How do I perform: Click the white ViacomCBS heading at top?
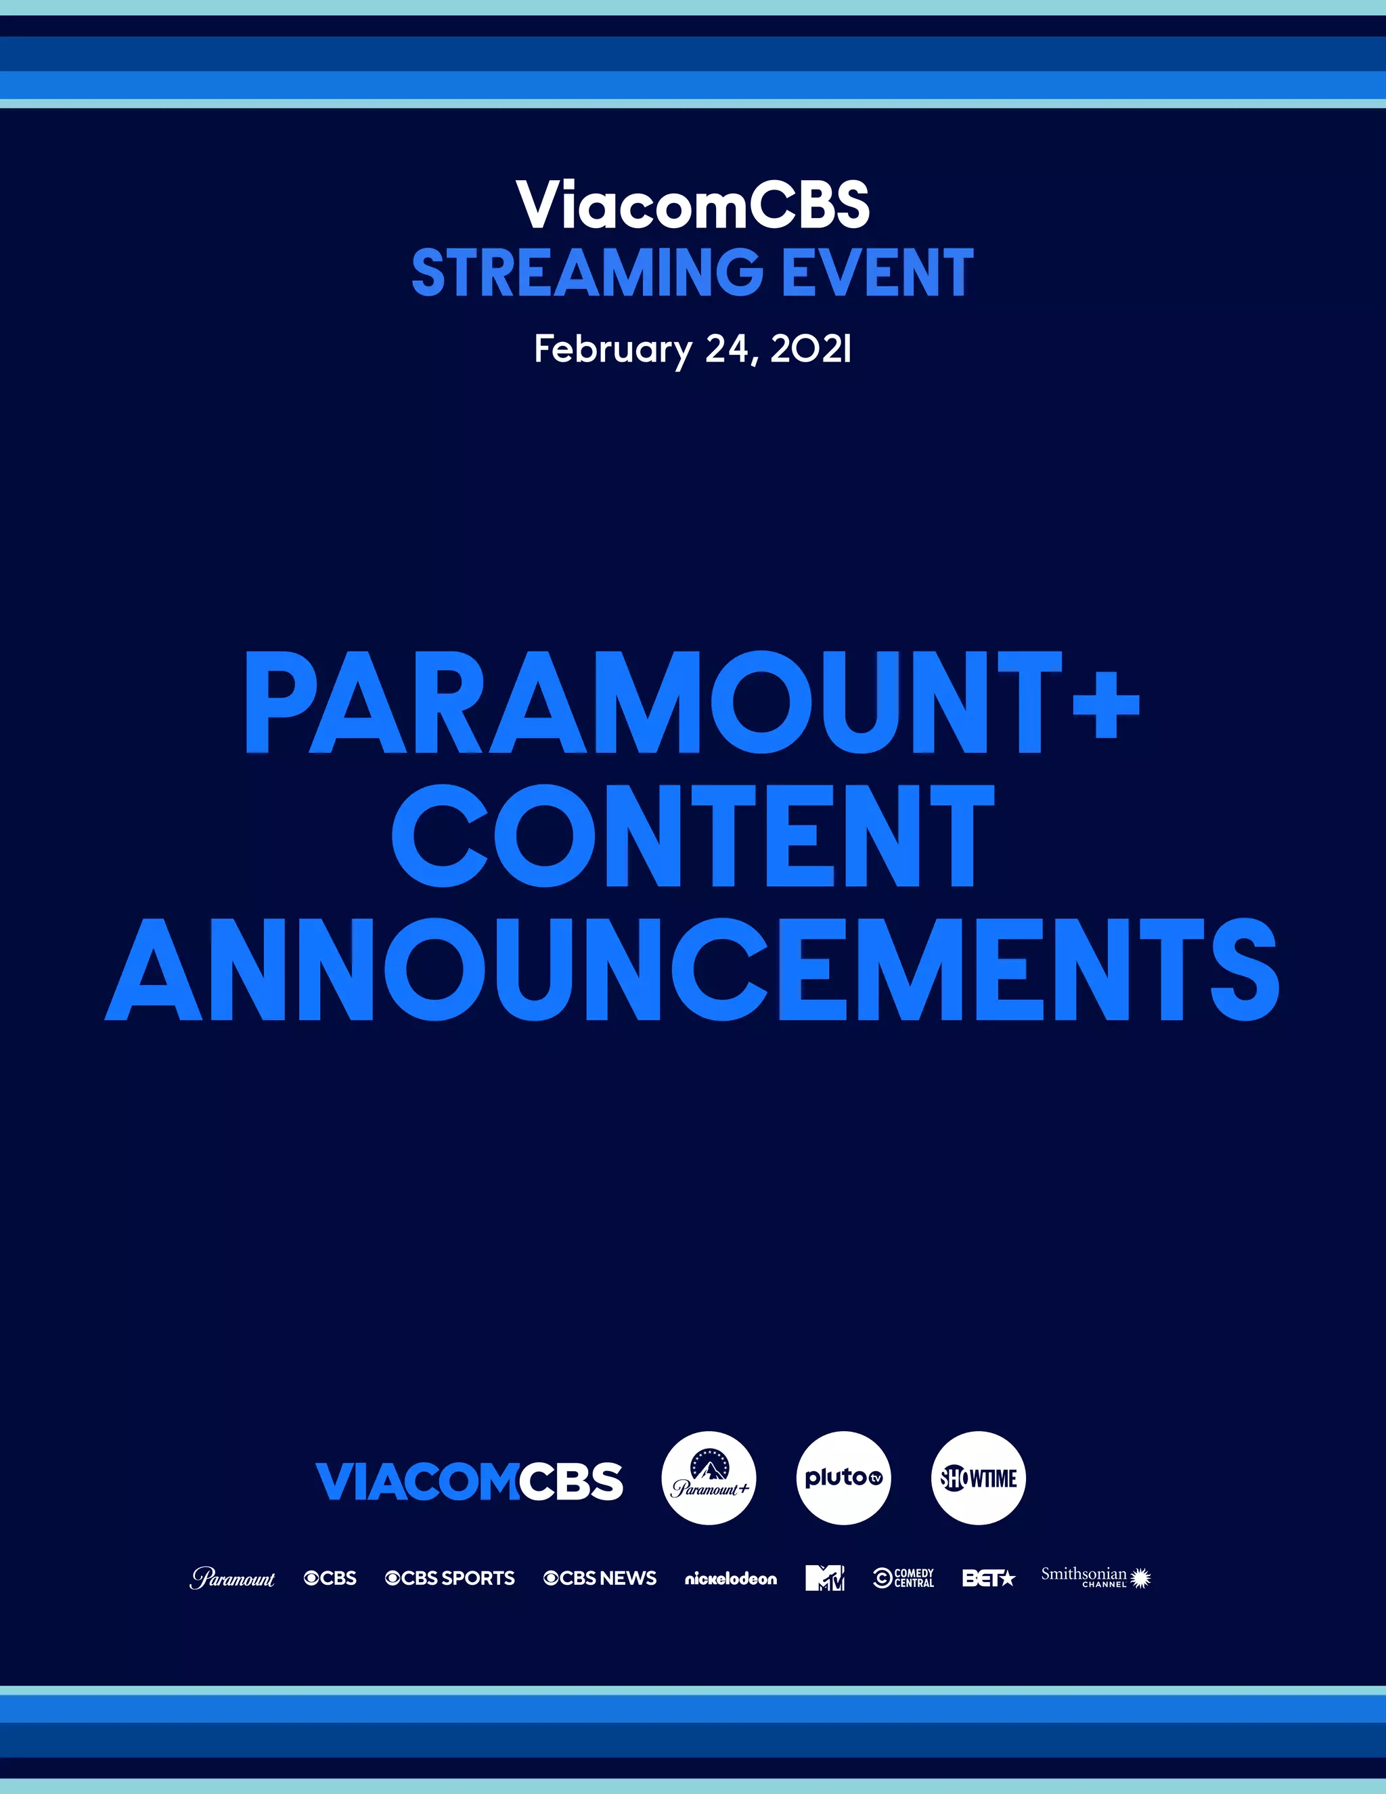692,204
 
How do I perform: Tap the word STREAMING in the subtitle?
587,274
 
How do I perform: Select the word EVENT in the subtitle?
877,274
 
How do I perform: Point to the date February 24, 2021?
692,349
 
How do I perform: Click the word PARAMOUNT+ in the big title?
692,703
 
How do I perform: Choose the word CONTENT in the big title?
692,836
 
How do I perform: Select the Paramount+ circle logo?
709,1479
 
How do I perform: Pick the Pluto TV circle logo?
843,1479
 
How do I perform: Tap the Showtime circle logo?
978,1479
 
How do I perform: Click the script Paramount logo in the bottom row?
232,1578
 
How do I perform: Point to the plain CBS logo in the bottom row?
330,1578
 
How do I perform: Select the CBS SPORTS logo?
450,1578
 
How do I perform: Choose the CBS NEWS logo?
600,1578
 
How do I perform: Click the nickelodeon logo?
731,1579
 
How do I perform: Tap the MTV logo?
824,1578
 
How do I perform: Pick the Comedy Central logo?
904,1578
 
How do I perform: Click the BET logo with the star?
989,1578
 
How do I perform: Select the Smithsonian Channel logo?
1096,1577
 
